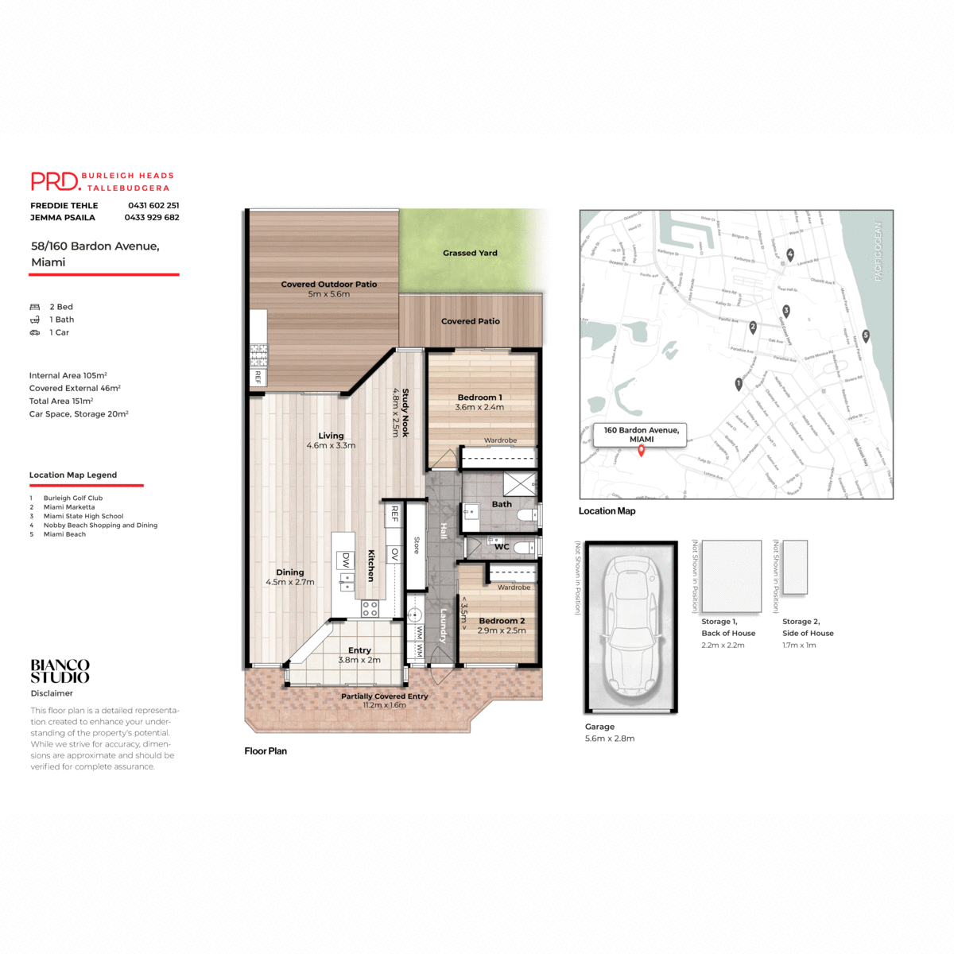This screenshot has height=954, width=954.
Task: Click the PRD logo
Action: click(x=56, y=181)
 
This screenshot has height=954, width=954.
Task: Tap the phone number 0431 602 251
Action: click(x=153, y=205)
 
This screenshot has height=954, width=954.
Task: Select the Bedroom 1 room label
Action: click(x=479, y=397)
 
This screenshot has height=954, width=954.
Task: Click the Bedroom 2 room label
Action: click(x=502, y=621)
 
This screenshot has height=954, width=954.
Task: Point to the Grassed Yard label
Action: click(x=470, y=253)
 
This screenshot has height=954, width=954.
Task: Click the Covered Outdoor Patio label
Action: click(x=328, y=284)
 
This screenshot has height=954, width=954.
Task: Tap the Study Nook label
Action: click(x=405, y=413)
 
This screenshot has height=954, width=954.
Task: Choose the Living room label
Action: click(x=331, y=436)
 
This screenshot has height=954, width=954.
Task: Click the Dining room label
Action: click(x=290, y=572)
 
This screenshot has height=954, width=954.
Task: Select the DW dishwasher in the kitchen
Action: click(x=346, y=560)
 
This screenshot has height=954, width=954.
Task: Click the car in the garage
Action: click(x=631, y=626)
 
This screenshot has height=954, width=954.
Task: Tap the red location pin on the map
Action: click(x=641, y=451)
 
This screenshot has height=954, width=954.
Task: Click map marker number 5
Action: click(x=866, y=335)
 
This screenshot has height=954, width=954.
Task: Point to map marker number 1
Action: click(x=739, y=384)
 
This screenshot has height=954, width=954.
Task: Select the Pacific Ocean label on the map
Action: click(x=878, y=251)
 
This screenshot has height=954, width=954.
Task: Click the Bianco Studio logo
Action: click(x=60, y=671)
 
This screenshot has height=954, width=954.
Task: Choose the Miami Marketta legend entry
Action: click(x=69, y=507)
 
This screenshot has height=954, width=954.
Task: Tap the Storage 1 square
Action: click(x=731, y=576)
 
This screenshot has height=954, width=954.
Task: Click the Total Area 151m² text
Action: click(x=61, y=401)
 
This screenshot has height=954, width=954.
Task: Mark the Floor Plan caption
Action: click(x=266, y=750)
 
